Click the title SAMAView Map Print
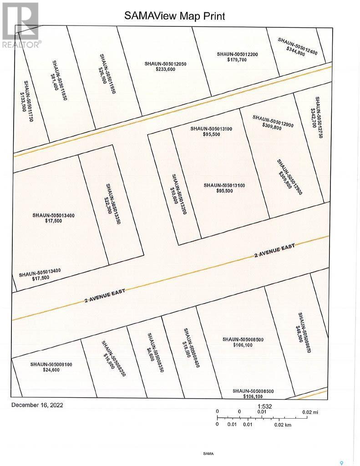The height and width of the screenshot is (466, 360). coord(175,16)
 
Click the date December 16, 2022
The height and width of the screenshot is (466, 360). coord(37,405)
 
